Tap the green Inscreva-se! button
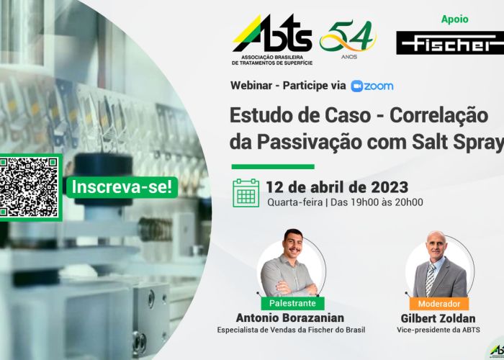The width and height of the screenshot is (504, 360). (x=122, y=187)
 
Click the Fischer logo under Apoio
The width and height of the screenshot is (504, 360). (x=450, y=42)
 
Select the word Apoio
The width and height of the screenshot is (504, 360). (x=454, y=19)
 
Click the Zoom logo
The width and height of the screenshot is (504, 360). (x=372, y=86)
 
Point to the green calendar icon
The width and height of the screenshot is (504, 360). (x=246, y=193)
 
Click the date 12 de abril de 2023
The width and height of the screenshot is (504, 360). (x=337, y=187)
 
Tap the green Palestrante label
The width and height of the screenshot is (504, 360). (x=292, y=303)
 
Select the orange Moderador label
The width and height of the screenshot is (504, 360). (x=438, y=304)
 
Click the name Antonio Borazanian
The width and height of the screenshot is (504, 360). (x=290, y=318)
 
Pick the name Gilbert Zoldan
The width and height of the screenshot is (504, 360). (x=438, y=318)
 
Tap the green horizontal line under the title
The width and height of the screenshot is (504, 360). (x=273, y=166)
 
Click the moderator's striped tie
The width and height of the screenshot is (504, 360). (x=430, y=279)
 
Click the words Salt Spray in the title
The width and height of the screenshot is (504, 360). (x=458, y=143)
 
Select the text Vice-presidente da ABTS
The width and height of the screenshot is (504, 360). (x=438, y=330)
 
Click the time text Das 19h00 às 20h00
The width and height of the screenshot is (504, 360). (x=377, y=202)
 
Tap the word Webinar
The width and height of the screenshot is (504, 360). (x=251, y=86)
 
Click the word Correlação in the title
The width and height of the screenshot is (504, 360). (x=438, y=116)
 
